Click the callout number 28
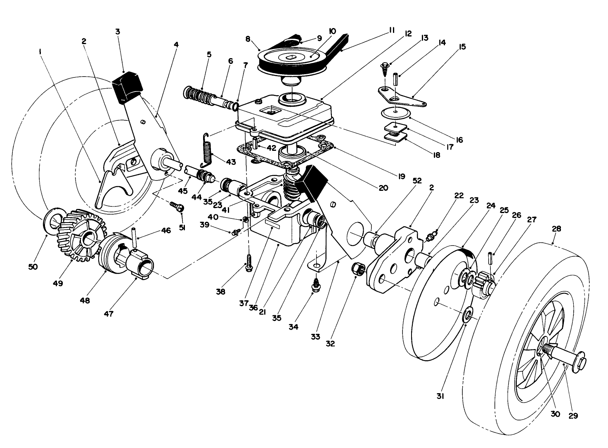coord(556,228)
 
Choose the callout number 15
coord(462,47)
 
